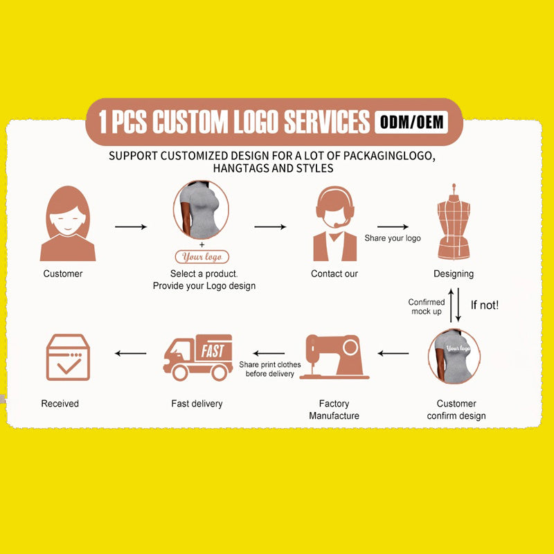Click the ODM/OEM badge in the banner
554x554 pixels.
tap(411, 123)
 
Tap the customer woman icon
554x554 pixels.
tap(68, 223)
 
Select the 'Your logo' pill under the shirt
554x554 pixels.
tap(202, 257)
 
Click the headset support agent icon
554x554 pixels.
tap(335, 224)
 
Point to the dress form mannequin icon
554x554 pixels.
tap(454, 222)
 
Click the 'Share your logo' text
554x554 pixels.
tap(393, 238)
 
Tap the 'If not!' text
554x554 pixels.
tap(484, 305)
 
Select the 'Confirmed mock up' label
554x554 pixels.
tap(427, 307)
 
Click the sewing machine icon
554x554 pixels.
tap(334, 357)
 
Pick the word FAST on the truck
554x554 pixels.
tap(213, 351)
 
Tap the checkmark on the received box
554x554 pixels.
tap(69, 366)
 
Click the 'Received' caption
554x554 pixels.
tap(60, 404)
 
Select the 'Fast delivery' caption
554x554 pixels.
tap(197, 404)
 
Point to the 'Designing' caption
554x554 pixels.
tap(454, 274)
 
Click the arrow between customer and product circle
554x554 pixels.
tap(131, 226)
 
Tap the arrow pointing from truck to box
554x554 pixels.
tap(131, 353)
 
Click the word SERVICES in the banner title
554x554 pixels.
tap(327, 122)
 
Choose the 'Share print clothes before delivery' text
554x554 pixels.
tap(270, 369)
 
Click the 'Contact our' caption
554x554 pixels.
tap(334, 274)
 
